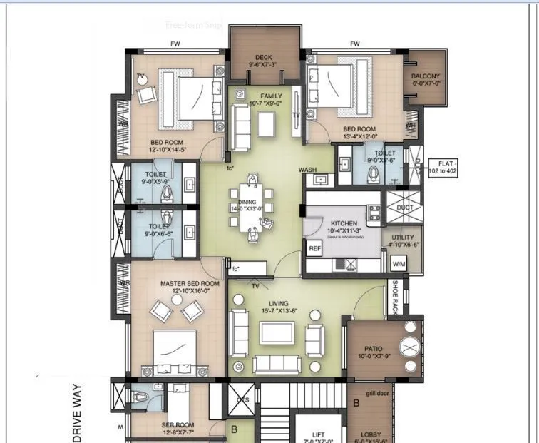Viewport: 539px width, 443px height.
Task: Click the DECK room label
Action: coord(264,58)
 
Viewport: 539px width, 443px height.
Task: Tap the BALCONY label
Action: coord(426,76)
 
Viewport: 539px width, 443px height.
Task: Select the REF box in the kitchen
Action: coord(314,248)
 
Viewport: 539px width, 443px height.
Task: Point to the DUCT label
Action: coord(405,208)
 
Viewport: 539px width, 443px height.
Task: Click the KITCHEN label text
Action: coord(344,223)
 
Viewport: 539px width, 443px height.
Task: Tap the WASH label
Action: coord(307,170)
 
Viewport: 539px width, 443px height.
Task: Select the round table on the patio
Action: coord(410,348)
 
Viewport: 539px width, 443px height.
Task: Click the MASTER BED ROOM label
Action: coord(190,283)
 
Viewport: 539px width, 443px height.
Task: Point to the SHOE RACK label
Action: coord(396,296)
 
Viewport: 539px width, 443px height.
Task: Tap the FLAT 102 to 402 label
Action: coord(443,168)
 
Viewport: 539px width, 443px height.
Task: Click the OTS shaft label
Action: coord(242,400)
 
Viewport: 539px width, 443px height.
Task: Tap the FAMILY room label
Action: coord(271,96)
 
